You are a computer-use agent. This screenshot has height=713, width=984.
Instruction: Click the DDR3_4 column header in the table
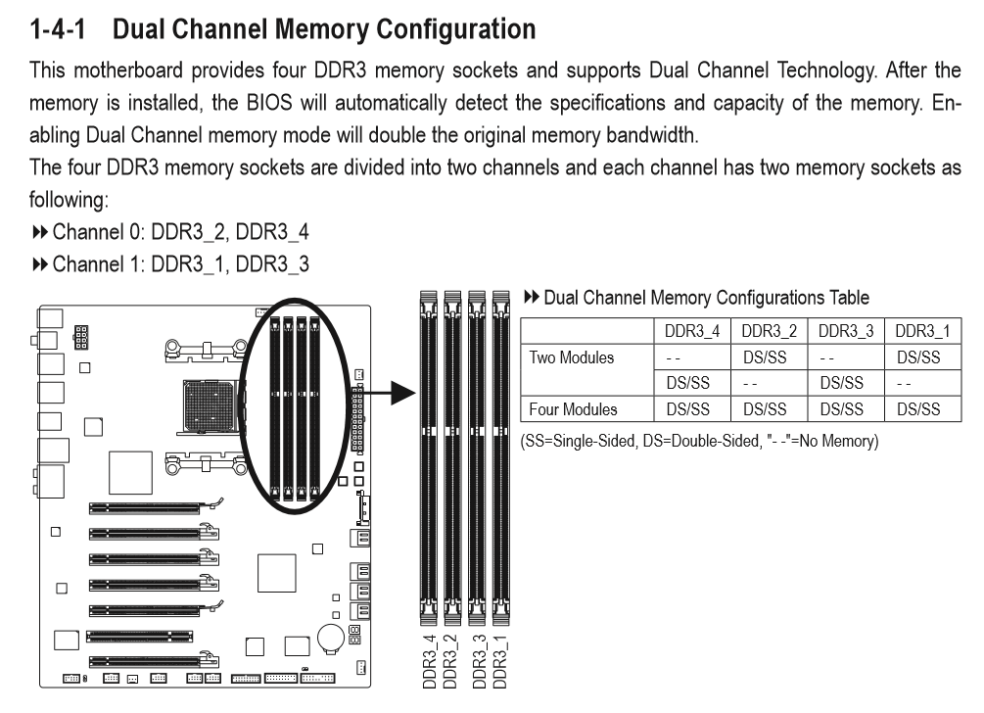[690, 334]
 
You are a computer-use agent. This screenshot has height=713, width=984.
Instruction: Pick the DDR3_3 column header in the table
[843, 334]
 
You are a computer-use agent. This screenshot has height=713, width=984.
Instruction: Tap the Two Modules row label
[572, 358]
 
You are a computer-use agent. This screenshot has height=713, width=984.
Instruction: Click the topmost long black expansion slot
[146, 508]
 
